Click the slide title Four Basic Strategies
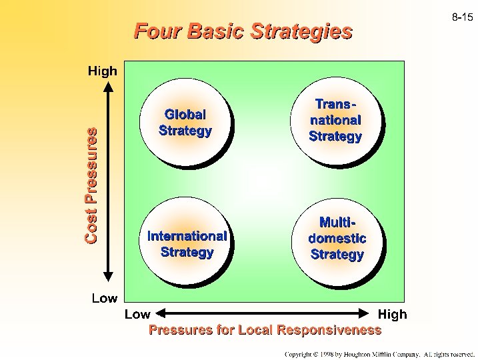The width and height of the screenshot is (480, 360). (243, 31)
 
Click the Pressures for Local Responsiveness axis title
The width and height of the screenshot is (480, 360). (265, 329)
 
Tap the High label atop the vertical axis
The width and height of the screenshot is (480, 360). (103, 70)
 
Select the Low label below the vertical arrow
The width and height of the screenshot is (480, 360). (104, 298)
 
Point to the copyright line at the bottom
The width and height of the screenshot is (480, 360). (379, 353)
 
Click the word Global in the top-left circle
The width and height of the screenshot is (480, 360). (185, 115)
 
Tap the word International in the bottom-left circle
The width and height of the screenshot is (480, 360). (187, 235)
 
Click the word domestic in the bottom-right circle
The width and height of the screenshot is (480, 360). (337, 238)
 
